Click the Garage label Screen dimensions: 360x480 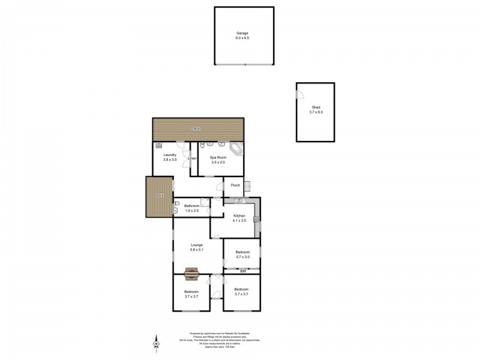[x=242, y=33]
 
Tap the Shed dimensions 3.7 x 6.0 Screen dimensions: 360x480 [x=316, y=112]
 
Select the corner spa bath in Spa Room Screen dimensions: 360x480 [x=236, y=149]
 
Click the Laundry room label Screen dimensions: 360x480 [x=170, y=155]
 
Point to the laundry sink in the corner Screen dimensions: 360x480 [x=158, y=145]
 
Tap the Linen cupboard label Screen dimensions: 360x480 [x=192, y=158]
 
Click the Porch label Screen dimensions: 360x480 [x=235, y=185]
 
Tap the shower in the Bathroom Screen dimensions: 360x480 [x=205, y=203]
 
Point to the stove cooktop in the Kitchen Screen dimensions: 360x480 [x=257, y=220]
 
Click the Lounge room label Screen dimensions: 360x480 [x=196, y=245]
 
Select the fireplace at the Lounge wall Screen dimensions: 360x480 [x=192, y=274]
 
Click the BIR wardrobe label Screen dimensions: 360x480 [x=242, y=271]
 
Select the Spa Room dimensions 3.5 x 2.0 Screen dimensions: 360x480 [x=217, y=163]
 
